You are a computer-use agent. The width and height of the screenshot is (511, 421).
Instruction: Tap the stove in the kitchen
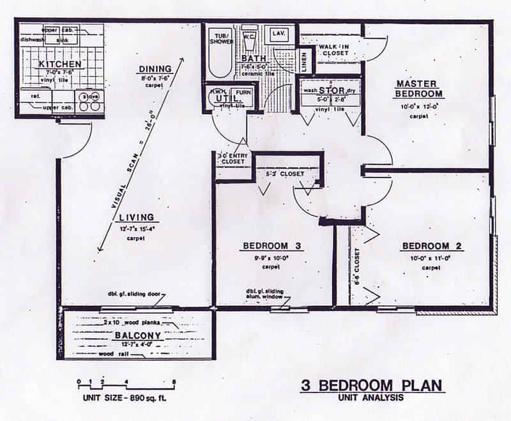89,102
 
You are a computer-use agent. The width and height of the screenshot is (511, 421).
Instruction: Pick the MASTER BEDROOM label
416,89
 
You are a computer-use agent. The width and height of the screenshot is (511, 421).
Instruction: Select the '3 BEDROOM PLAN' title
372,386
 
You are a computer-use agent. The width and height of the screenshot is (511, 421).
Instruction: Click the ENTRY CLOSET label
234,158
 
